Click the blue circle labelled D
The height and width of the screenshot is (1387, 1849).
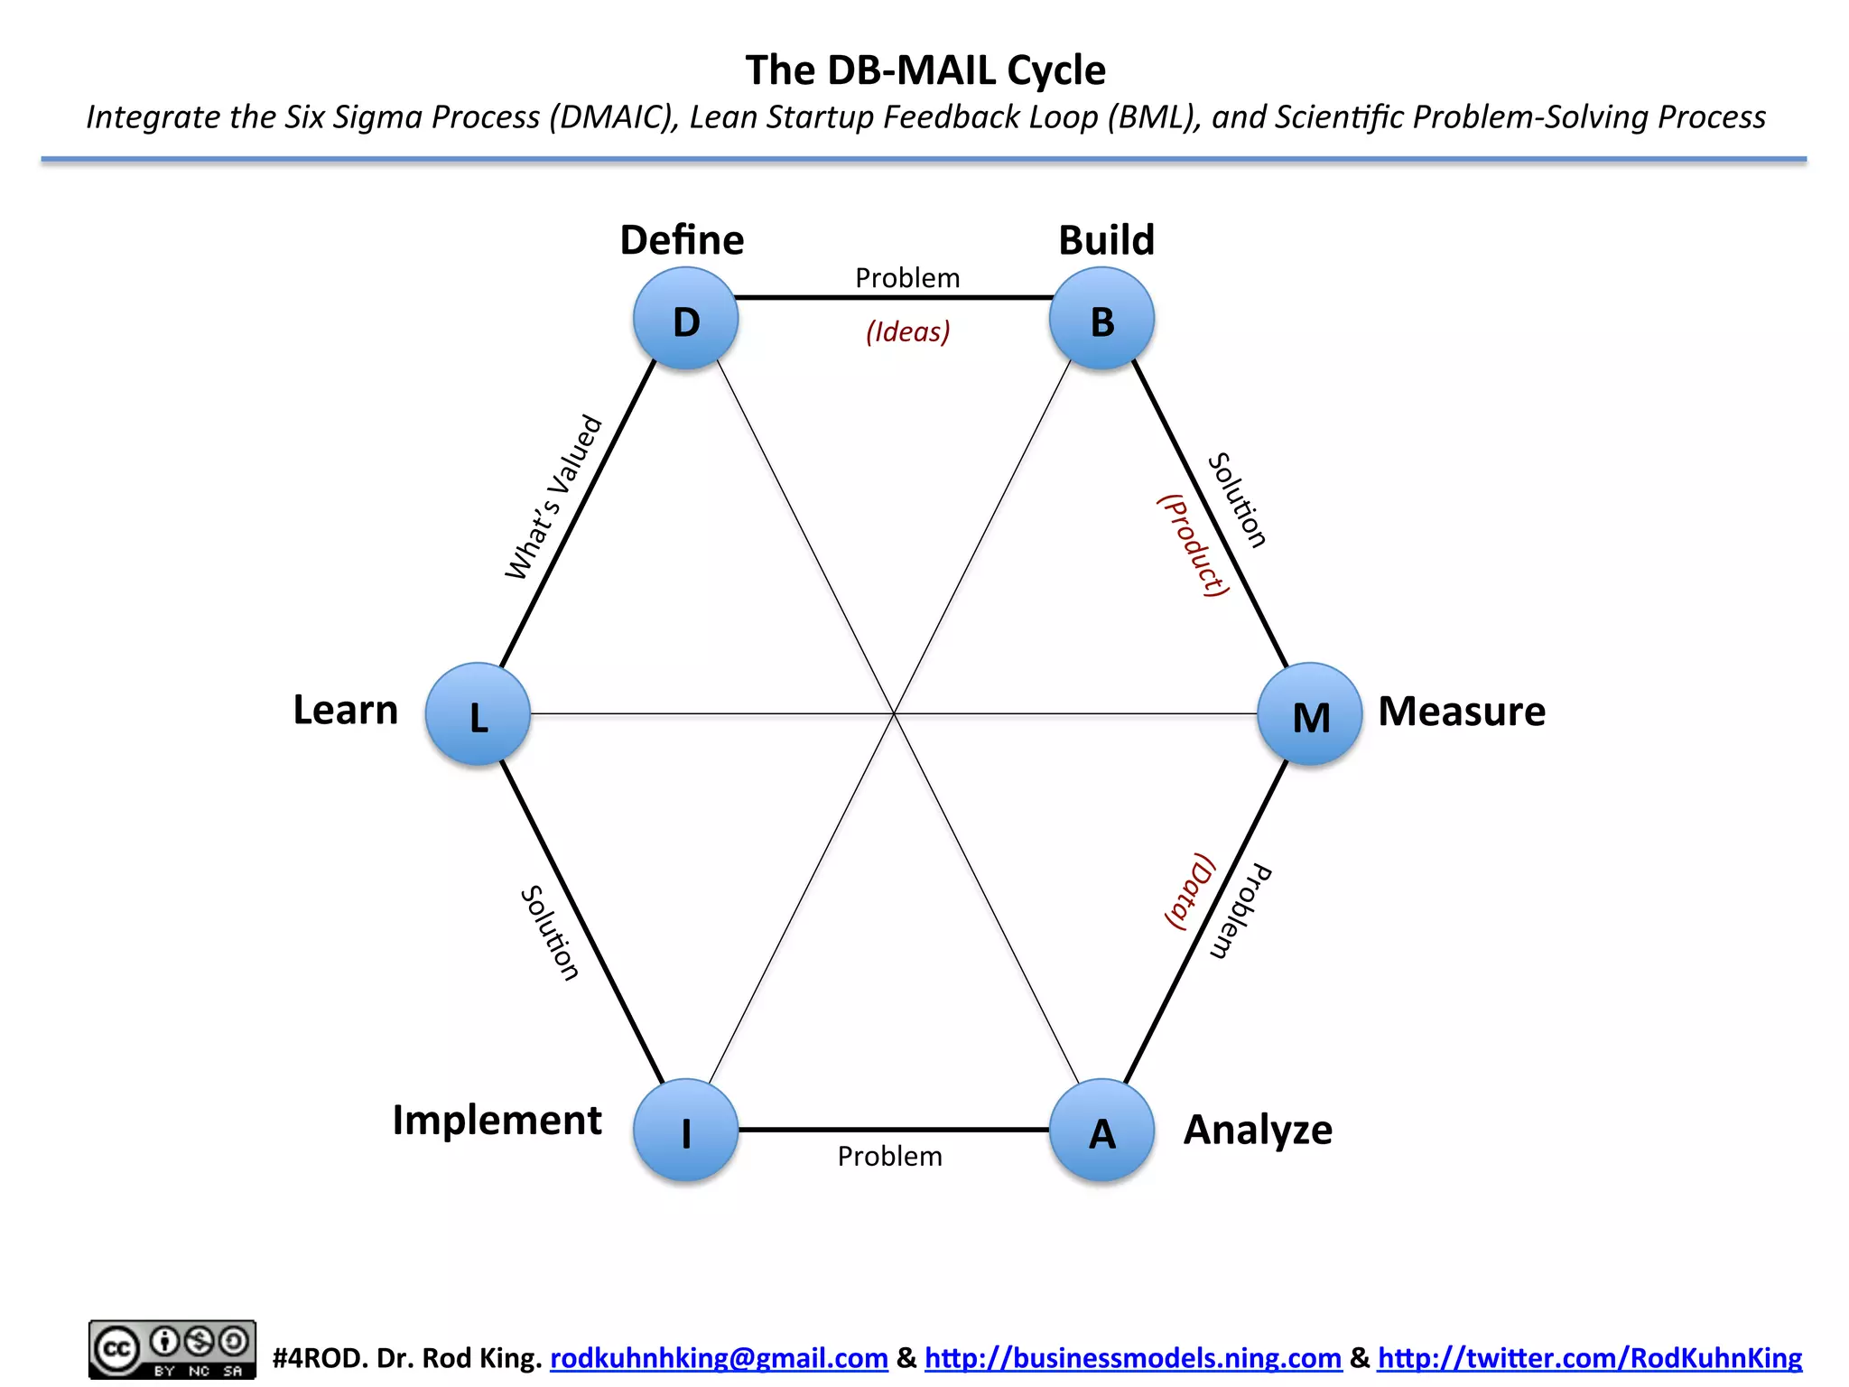pos(686,320)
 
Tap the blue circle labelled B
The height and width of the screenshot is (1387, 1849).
pos(1101,320)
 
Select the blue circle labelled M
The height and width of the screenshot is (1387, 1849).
pos(1310,714)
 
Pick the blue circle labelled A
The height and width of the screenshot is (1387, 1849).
pos(1101,1131)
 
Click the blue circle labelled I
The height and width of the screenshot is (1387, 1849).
pos(686,1131)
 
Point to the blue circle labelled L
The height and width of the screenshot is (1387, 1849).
pos(478,714)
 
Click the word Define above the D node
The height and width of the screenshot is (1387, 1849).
pos(682,240)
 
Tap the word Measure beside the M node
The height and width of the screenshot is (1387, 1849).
pos(1461,712)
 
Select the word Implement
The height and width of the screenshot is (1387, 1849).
pos(497,1121)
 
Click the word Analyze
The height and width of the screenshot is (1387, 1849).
pos(1258,1131)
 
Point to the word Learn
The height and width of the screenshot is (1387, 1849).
pos(345,711)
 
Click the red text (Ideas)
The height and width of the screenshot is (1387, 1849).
pos(907,331)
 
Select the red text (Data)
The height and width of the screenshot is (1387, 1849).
pos(1189,891)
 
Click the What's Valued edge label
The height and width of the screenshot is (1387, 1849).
pos(553,498)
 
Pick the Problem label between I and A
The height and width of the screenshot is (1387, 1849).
pos(889,1157)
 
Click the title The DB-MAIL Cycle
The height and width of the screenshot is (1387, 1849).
pos(924,70)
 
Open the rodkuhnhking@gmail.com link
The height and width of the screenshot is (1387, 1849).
pos(719,1358)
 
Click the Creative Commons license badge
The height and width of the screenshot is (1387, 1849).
pos(172,1350)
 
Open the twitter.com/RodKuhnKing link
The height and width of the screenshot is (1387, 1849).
pos(1589,1358)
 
